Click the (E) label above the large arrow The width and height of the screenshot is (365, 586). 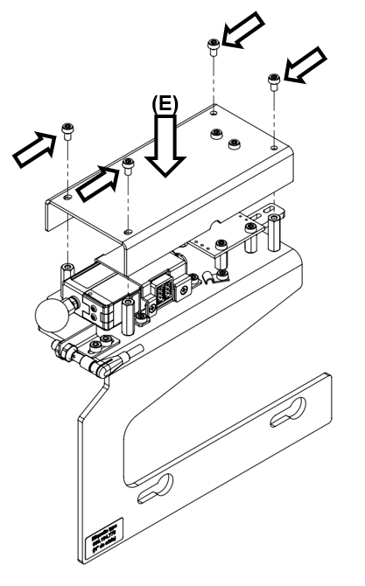click(x=165, y=103)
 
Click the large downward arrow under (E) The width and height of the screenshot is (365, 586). click(x=165, y=144)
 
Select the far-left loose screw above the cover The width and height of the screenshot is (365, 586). click(x=67, y=132)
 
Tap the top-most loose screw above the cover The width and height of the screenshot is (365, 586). click(x=213, y=45)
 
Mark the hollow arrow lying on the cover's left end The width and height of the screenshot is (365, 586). click(x=95, y=180)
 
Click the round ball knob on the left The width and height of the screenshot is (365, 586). click(x=52, y=316)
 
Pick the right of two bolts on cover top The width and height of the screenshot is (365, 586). click(x=233, y=143)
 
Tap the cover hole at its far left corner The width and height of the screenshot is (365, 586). click(x=67, y=199)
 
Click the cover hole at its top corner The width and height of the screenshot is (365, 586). click(x=214, y=110)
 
